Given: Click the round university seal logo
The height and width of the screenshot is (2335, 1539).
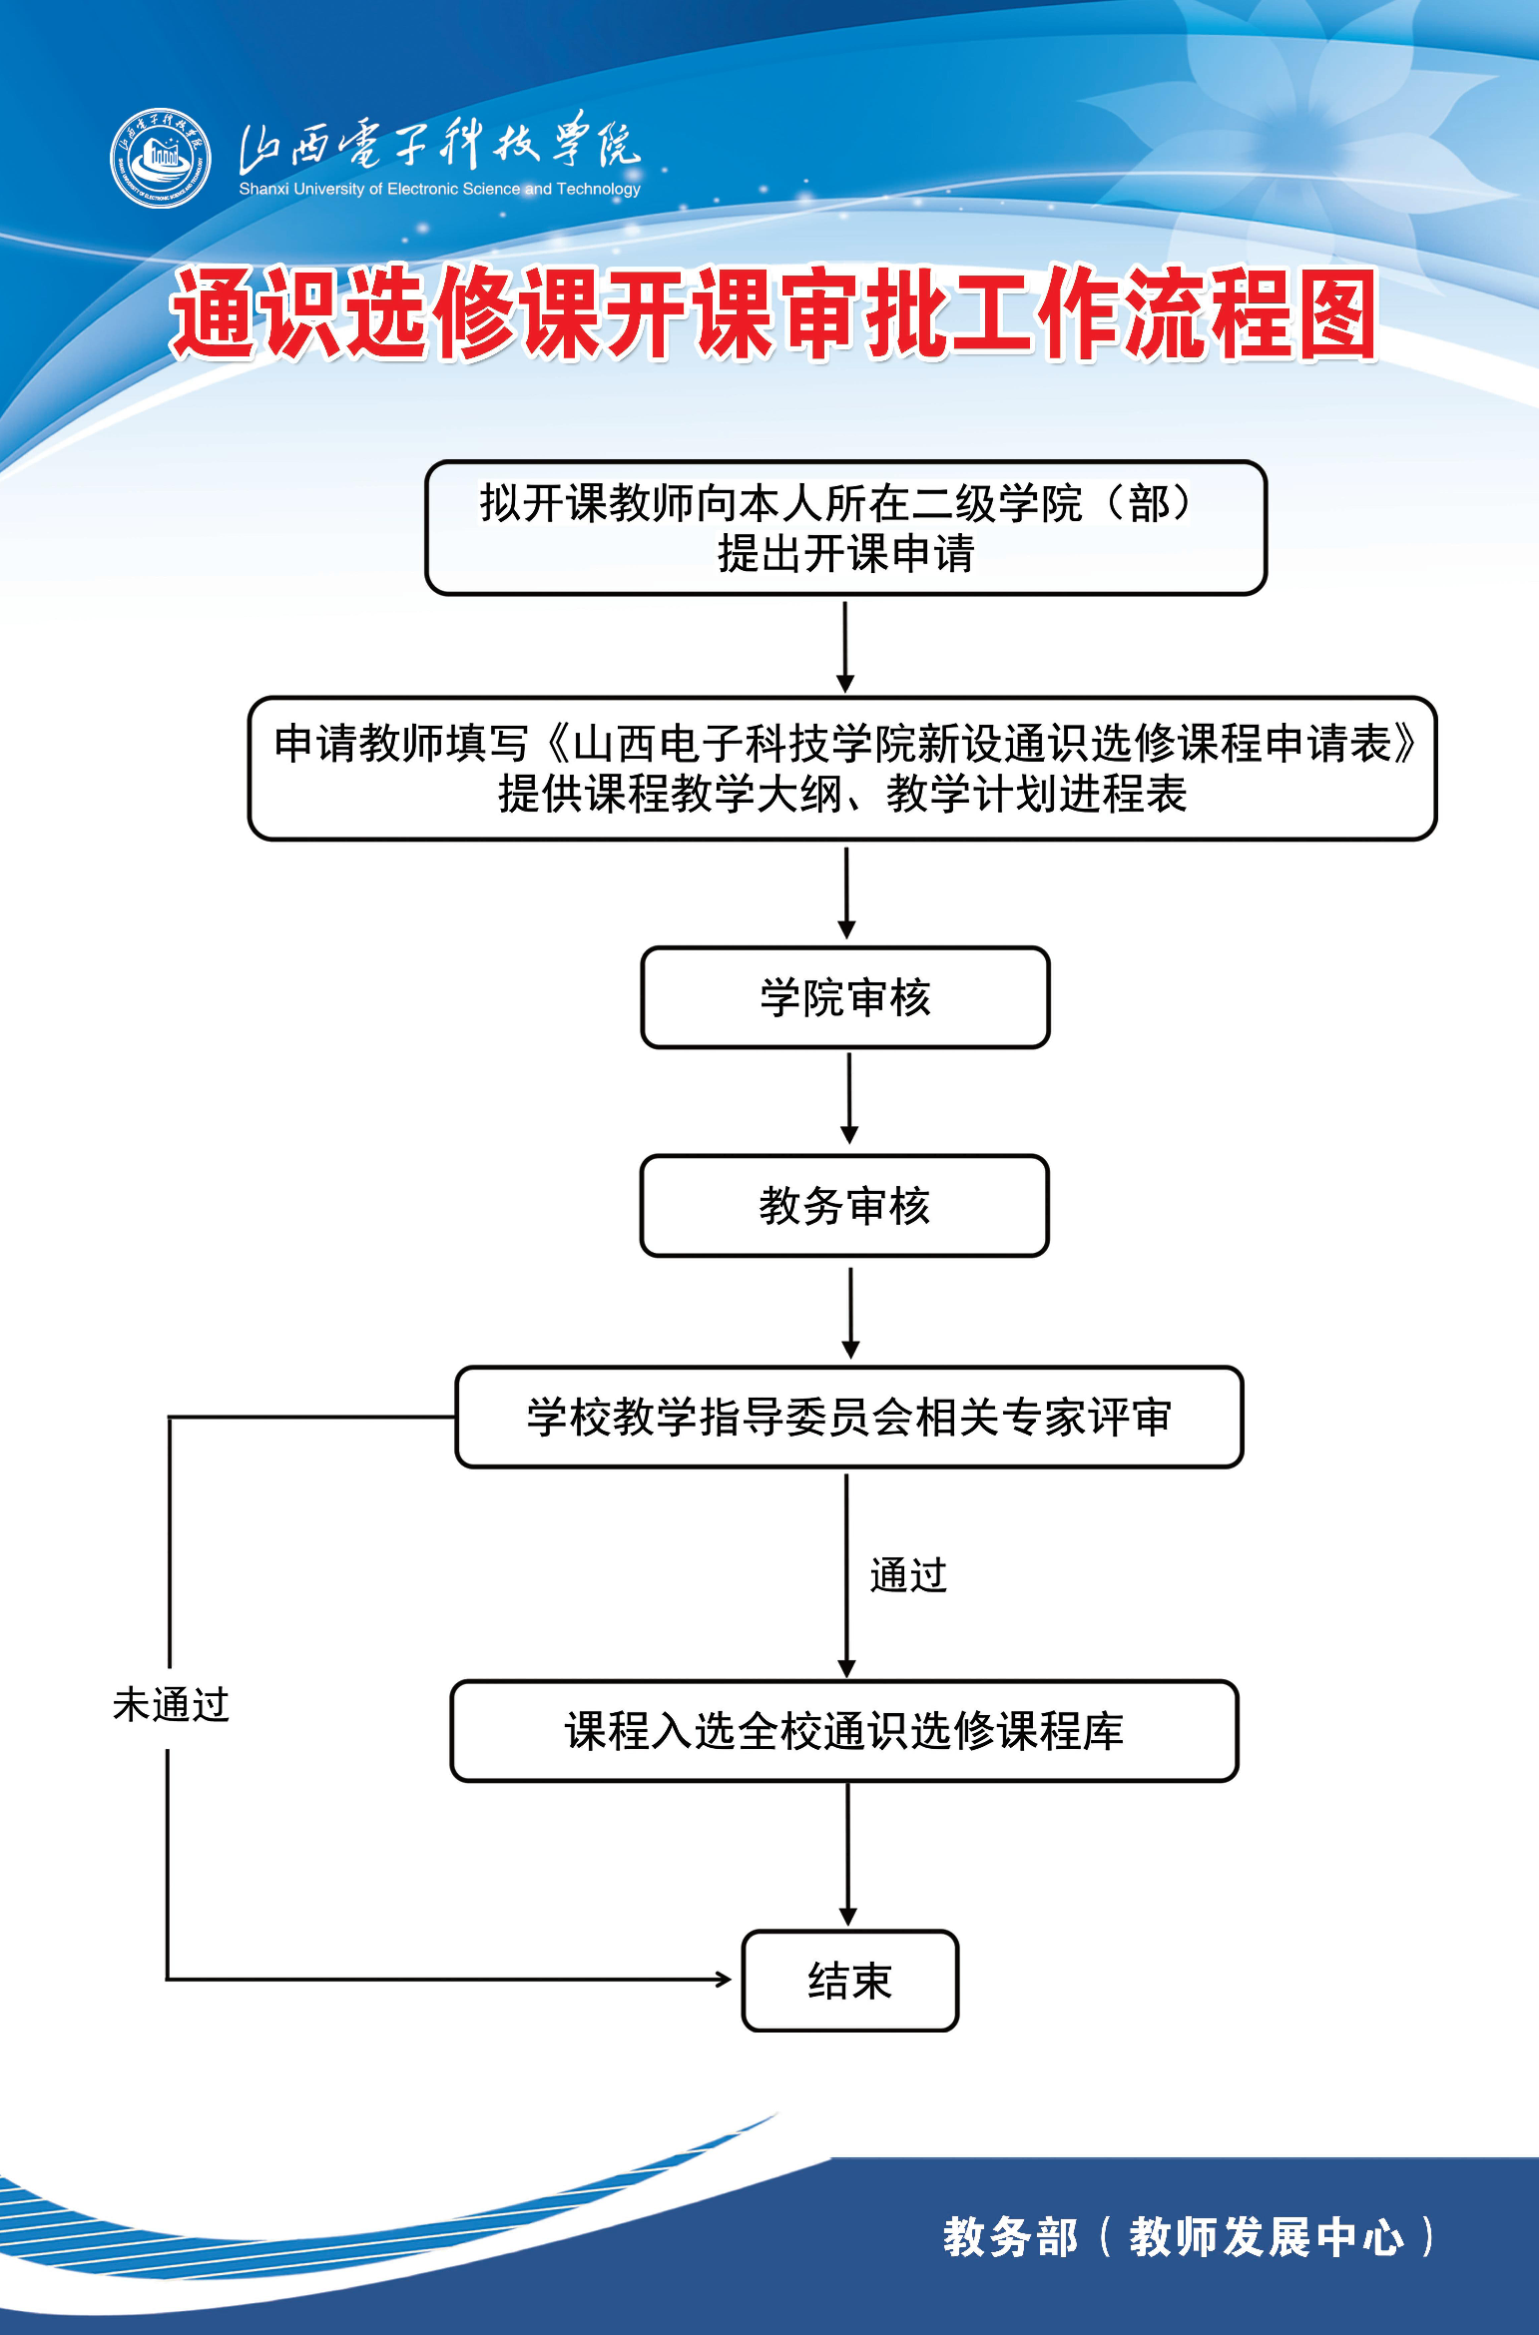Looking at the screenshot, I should [x=160, y=158].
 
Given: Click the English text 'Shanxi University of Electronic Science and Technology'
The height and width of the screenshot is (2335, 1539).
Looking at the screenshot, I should [x=439, y=189].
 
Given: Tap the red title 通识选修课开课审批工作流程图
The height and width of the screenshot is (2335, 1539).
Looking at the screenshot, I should [x=773, y=313].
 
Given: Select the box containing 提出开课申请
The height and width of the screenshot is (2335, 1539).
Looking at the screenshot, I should [x=845, y=528].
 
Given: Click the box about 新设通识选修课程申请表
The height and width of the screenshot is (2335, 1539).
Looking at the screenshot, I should [x=842, y=768].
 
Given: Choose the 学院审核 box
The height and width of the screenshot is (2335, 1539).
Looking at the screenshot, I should [x=845, y=997].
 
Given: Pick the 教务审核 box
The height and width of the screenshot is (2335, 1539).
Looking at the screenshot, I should [x=844, y=1205].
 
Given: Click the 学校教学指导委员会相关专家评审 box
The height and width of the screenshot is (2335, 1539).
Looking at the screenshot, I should [x=848, y=1417].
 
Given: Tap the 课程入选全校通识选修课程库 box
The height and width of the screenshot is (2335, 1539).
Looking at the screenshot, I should [x=844, y=1730].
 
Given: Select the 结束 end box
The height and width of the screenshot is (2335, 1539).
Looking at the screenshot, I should [x=849, y=1981].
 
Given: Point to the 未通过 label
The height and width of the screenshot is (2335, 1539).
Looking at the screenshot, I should [x=171, y=1704].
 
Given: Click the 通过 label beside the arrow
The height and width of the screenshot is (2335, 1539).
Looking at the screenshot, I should [x=907, y=1575].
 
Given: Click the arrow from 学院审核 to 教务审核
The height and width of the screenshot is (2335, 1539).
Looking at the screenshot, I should [x=849, y=1098].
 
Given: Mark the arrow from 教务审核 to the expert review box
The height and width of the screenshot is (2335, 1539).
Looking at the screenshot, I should [x=850, y=1312].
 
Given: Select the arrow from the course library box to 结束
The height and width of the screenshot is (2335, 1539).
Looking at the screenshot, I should [x=848, y=1855].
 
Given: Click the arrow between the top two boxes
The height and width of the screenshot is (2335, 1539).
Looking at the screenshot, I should [x=845, y=646].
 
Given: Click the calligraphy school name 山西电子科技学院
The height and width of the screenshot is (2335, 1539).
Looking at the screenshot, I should [x=439, y=143].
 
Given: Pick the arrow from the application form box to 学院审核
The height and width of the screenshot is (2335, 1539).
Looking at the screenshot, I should [x=847, y=892].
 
